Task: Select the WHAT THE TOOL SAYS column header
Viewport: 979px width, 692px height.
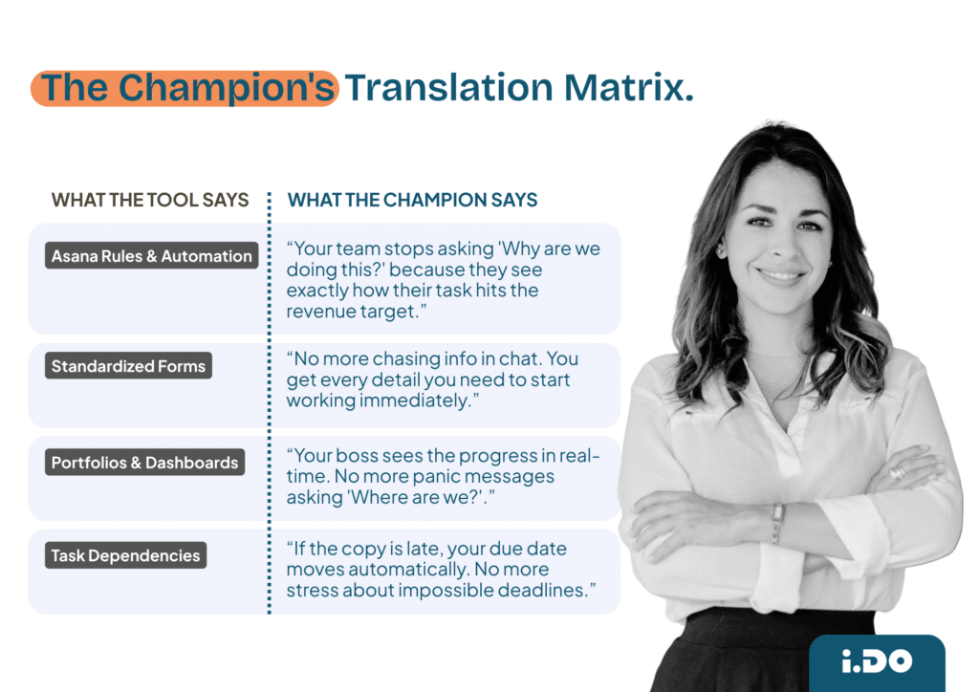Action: pyautogui.click(x=150, y=200)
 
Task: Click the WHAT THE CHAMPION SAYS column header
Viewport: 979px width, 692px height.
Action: pyautogui.click(x=412, y=200)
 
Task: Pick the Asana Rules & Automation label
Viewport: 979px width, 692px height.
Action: pyautogui.click(x=152, y=256)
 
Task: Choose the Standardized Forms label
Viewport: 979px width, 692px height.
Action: pyautogui.click(x=128, y=366)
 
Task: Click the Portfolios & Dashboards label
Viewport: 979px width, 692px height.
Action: pyautogui.click(x=144, y=463)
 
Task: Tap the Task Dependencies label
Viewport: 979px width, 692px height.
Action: pyautogui.click(x=125, y=555)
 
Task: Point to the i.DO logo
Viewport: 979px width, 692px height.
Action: pyautogui.click(x=876, y=660)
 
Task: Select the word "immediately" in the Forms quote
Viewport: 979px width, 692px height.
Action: pyautogui.click(x=418, y=400)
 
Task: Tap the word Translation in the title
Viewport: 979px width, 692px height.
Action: pyautogui.click(x=447, y=87)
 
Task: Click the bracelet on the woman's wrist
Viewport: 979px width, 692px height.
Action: pyautogui.click(x=777, y=523)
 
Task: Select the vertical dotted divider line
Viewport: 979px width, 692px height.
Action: pyautogui.click(x=270, y=401)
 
